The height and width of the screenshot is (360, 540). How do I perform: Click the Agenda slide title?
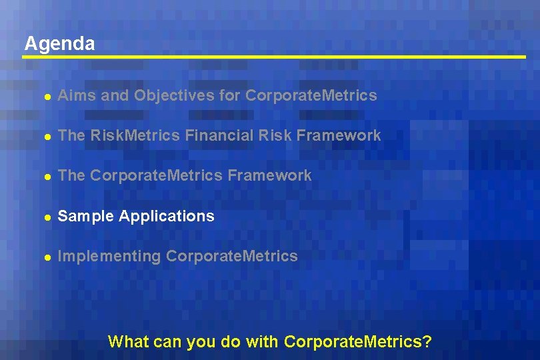pos(59,44)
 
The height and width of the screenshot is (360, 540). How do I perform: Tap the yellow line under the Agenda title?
pos(273,57)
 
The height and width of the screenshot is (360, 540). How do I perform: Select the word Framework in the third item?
pos(269,176)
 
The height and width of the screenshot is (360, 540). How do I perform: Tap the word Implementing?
pos(109,257)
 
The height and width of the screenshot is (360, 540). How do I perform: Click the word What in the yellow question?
pos(127,343)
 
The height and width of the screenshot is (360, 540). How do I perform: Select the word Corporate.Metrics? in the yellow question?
pos(358,343)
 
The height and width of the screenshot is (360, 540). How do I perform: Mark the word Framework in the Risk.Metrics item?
pos(339,136)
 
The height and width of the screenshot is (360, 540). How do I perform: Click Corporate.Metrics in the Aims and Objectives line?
pos(311,96)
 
